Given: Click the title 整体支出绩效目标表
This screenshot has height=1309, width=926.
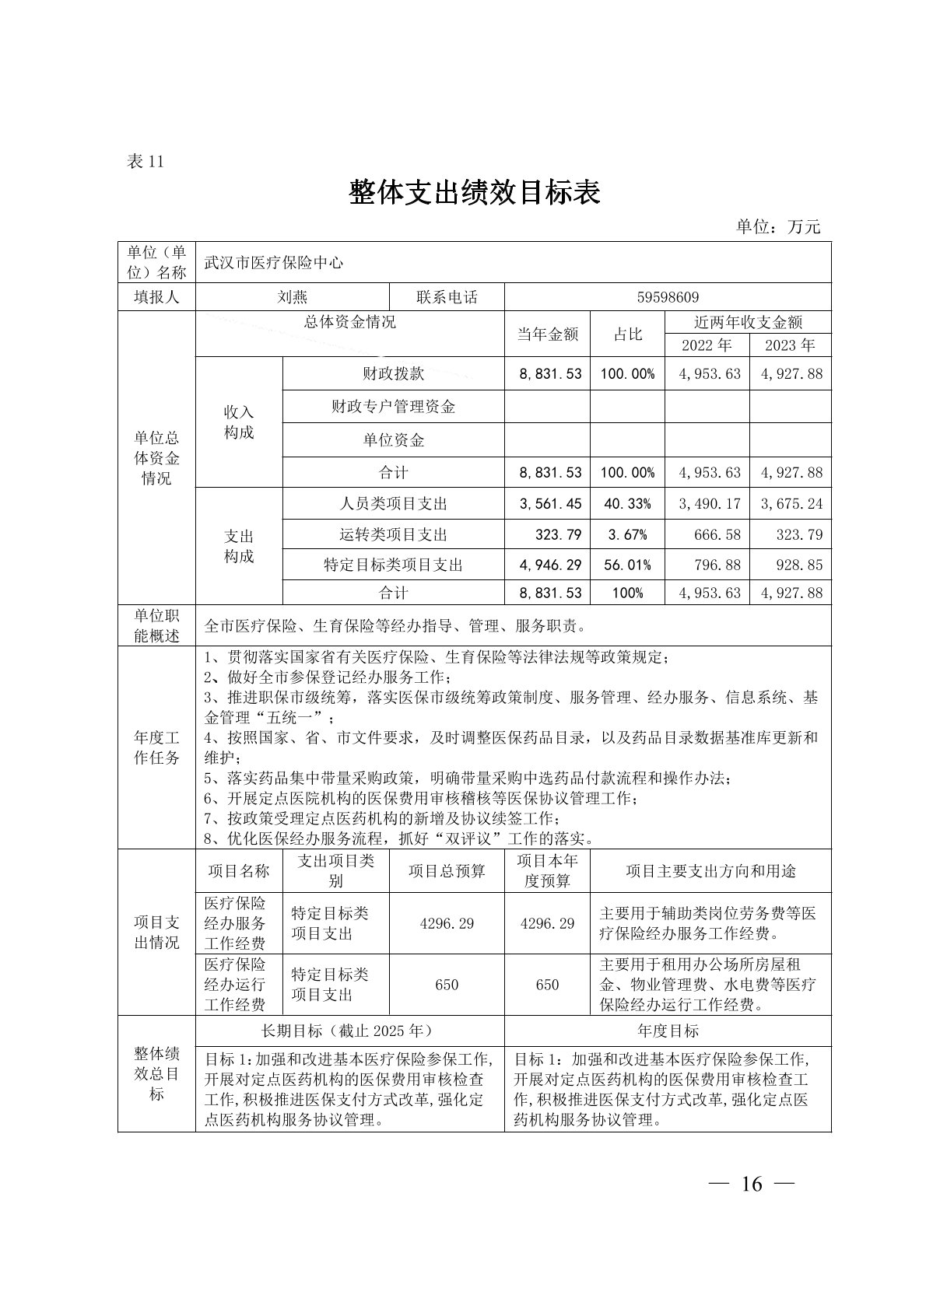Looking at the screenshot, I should (475, 192).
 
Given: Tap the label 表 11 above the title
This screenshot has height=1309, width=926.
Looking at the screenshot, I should (145, 162).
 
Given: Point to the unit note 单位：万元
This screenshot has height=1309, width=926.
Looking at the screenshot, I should (778, 226).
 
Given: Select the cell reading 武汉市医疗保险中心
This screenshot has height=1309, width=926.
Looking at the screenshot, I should (273, 263).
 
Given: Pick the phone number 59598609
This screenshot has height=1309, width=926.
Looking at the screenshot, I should (668, 297).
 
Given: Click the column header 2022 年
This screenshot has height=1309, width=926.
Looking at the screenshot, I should (707, 345).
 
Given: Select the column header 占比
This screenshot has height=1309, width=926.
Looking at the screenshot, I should (627, 334).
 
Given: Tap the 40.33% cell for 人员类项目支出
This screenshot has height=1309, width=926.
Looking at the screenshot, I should (627, 504).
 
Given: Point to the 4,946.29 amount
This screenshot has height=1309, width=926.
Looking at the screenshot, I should (550, 565).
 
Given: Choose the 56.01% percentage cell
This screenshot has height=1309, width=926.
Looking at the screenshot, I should (627, 565).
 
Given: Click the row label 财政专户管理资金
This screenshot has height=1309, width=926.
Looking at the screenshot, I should (393, 406).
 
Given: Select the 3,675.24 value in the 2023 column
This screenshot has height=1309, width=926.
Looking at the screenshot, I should (791, 504).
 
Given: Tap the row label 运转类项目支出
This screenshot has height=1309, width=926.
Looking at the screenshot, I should (393, 535).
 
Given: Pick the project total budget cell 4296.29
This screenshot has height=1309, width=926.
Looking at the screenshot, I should (447, 923).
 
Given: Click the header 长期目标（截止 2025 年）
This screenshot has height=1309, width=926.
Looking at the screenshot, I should (349, 1031).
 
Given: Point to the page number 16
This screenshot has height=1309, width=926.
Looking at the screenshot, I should (752, 1184).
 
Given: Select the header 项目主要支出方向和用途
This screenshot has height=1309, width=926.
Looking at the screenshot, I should (710, 871).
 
